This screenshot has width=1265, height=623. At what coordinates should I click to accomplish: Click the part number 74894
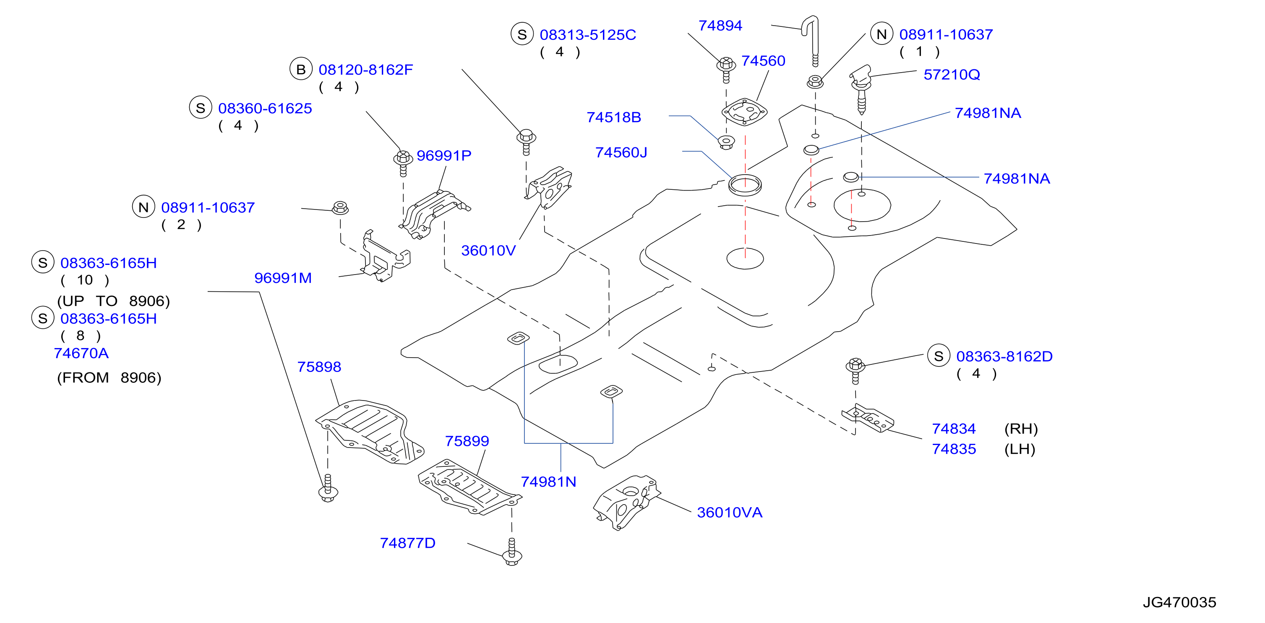[720, 26]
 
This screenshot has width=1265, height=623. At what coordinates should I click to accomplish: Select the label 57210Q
[951, 75]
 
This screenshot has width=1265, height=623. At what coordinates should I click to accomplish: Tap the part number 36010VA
[729, 513]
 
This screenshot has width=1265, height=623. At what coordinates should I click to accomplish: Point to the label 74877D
[407, 543]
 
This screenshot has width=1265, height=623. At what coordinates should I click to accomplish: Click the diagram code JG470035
[1179, 602]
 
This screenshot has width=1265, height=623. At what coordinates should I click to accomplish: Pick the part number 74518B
[613, 118]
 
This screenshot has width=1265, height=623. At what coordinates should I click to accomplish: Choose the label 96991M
[283, 278]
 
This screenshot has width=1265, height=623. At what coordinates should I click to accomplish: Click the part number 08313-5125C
[588, 35]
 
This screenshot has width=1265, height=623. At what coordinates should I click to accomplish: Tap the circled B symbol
[301, 69]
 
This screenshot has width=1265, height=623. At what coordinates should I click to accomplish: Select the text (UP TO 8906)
[113, 301]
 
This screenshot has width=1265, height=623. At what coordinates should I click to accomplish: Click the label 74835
[954, 449]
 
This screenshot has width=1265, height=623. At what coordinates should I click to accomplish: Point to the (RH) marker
[1021, 429]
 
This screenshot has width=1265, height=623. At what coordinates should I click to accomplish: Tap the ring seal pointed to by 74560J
[745, 185]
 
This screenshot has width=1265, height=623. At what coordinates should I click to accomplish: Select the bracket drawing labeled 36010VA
[626, 502]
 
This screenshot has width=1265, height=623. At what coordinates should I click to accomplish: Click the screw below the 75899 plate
[512, 552]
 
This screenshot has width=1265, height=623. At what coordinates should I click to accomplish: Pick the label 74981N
[548, 482]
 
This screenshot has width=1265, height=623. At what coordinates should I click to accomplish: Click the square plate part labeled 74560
[744, 112]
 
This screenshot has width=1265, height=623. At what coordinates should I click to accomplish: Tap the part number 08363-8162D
[1004, 357]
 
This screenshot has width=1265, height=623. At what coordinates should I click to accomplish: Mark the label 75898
[319, 367]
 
